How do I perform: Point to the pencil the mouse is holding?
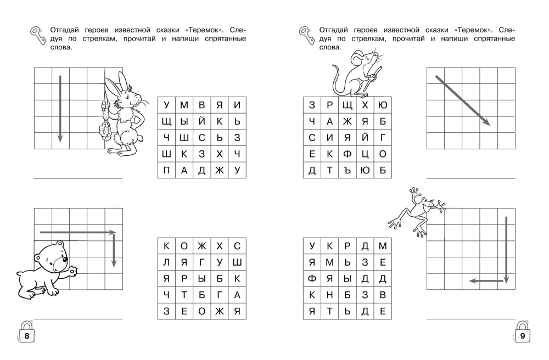click(376, 72)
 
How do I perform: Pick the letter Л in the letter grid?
click(166, 262)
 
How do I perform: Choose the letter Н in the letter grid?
click(329, 295)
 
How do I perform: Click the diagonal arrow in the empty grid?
click(462, 100)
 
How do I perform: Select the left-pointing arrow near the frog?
click(486, 281)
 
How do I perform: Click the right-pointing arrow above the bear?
click(77, 233)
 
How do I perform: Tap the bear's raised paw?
click(74, 271)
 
